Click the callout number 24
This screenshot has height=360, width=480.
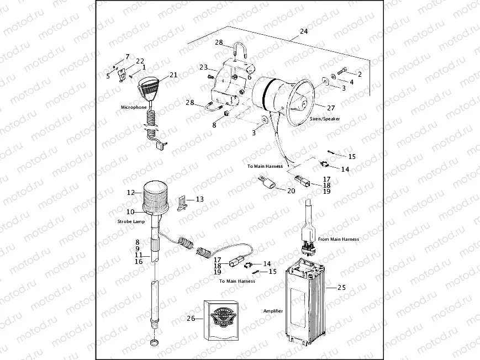pos(303,32)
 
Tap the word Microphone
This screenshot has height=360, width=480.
pos(134,107)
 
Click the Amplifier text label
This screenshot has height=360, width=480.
pos(273,311)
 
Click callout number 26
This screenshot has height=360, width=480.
pos(191,318)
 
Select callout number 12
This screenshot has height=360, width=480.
pos(130,193)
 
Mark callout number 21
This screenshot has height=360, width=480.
pos(173,75)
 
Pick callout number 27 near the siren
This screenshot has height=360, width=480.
pos(331,108)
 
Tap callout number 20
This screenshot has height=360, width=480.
pos(291,190)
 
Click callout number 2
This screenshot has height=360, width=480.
pos(360,73)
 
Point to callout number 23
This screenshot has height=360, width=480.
pos(203,67)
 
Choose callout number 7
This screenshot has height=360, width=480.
pos(128,57)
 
